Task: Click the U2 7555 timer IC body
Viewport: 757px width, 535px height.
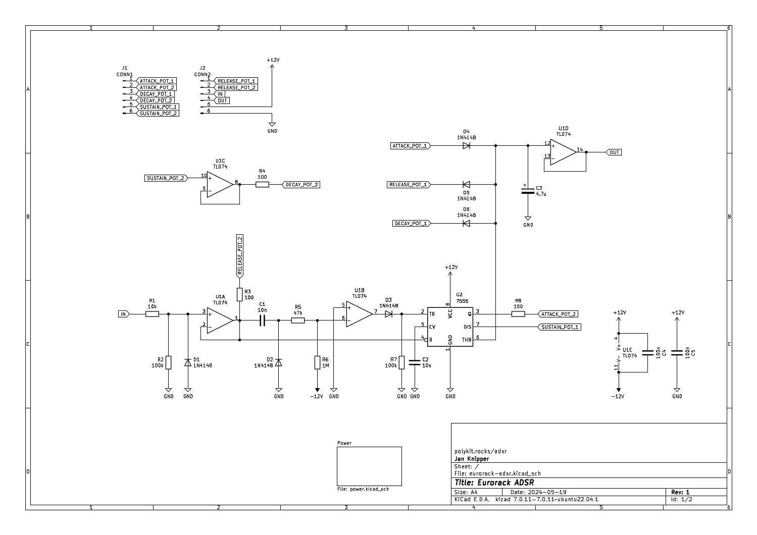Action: [x=450, y=327]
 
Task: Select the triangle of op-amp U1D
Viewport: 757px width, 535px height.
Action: [x=563, y=152]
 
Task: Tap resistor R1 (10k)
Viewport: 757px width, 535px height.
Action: [x=152, y=314]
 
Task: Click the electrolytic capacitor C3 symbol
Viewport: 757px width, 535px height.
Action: [x=528, y=191]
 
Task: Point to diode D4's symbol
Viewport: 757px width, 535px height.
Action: [x=466, y=145]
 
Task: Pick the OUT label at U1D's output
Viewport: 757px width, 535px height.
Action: [x=614, y=152]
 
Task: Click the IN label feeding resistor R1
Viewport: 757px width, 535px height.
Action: [x=124, y=314]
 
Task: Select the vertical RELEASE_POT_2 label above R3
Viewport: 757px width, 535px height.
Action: [x=239, y=256]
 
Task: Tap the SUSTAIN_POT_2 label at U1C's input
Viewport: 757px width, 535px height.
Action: [x=166, y=178]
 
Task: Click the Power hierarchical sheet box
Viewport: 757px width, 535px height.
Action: [x=369, y=466]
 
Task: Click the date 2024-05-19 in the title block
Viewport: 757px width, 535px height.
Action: [x=547, y=492]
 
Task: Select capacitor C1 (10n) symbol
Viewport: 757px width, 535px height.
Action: [x=262, y=320]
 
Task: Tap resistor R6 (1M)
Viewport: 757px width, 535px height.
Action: [x=317, y=362]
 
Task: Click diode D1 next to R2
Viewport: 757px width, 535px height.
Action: [x=188, y=362]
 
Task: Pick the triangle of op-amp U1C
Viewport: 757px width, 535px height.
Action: [x=220, y=184]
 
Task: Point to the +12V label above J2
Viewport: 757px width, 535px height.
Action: [x=273, y=60]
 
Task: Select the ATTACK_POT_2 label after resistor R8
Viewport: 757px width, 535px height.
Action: [x=558, y=314]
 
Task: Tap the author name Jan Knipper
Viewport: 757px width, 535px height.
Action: [x=472, y=459]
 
